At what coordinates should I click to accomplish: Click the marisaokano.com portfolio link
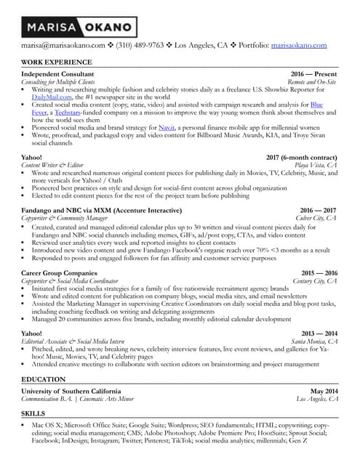[x=299, y=45]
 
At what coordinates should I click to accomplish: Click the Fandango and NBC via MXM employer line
[x=91, y=209]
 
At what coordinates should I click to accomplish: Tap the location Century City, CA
[x=314, y=280]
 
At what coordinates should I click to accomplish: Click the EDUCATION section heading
[x=44, y=379]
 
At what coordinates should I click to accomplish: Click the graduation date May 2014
[x=324, y=391]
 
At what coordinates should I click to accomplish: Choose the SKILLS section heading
[x=33, y=412]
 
